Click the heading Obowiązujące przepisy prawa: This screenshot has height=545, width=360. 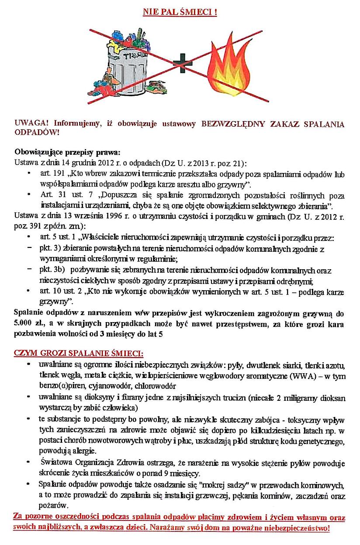pyautogui.click(x=67, y=153)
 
